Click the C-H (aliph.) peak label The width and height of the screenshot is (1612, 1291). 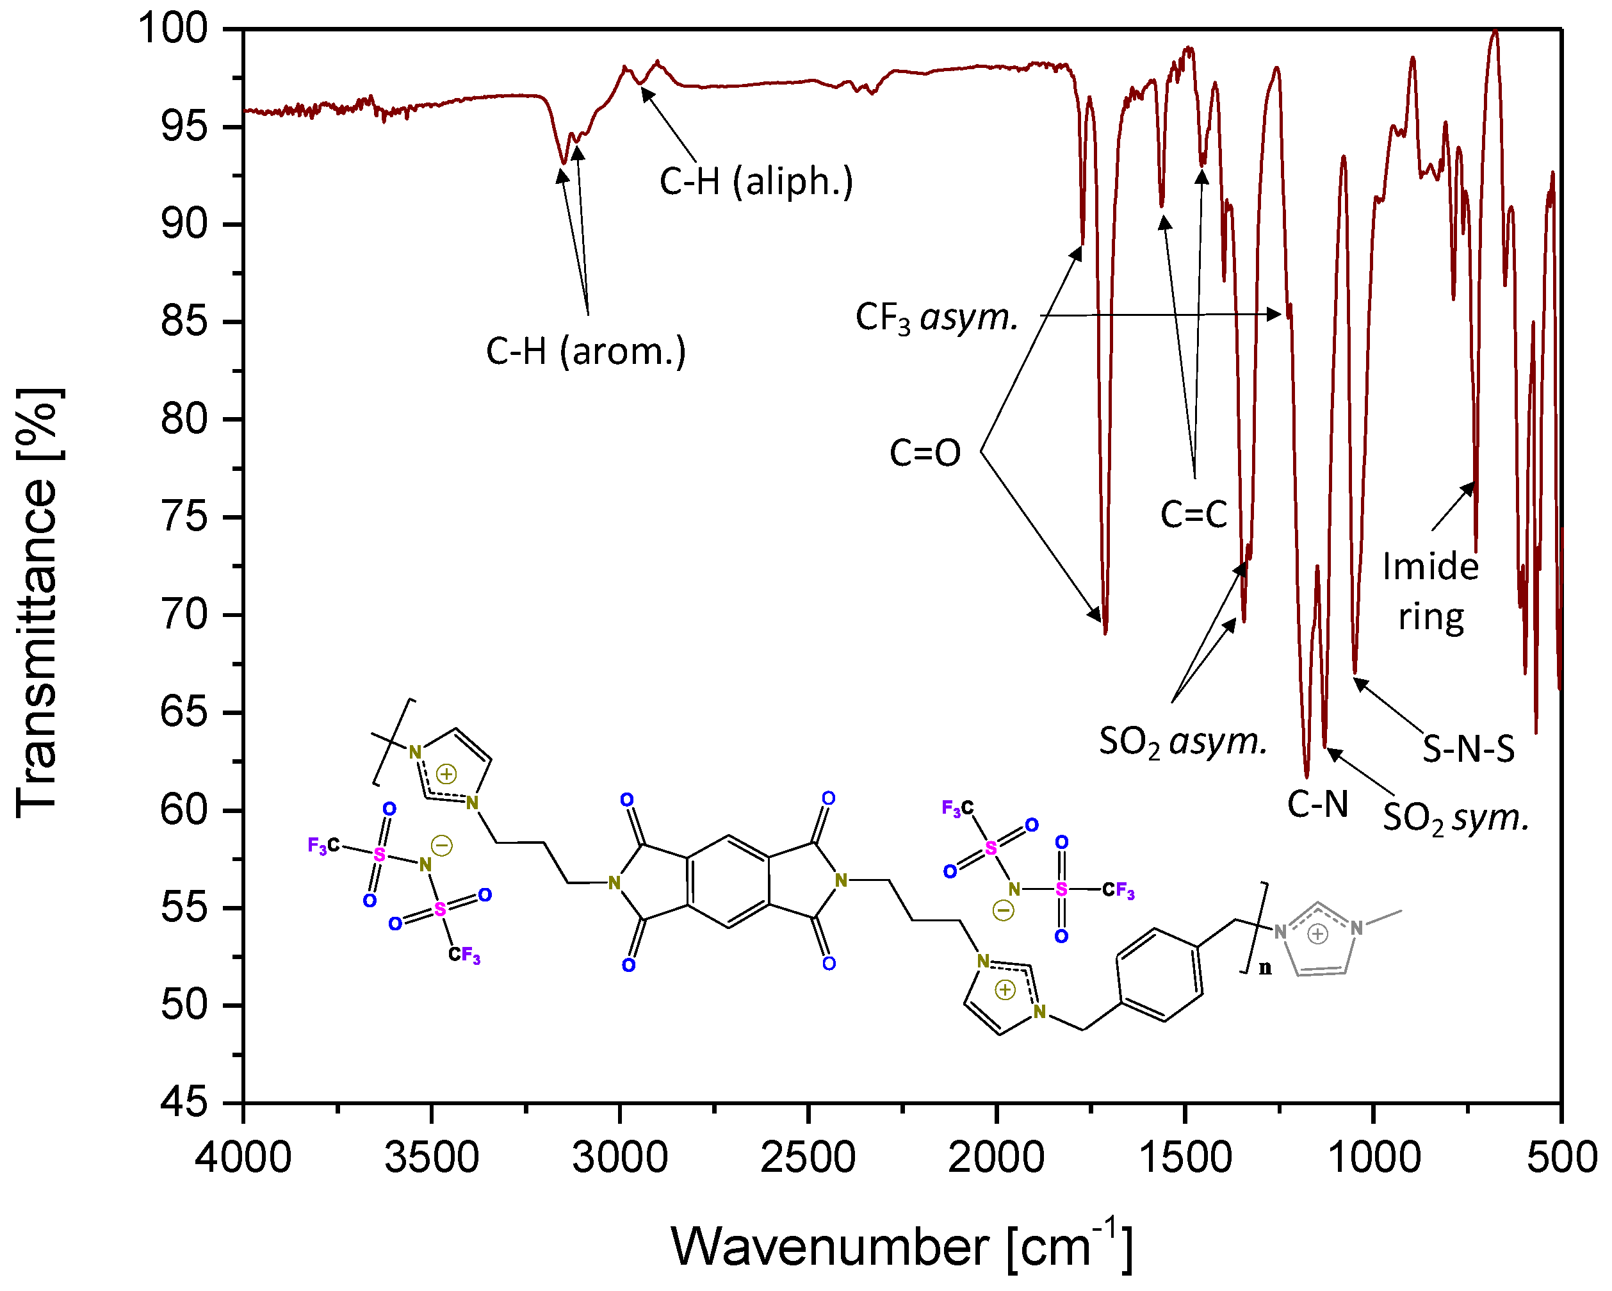click(756, 182)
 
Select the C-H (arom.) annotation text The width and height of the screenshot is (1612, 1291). click(585, 351)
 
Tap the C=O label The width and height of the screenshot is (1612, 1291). click(925, 452)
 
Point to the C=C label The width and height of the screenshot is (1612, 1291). click(1193, 514)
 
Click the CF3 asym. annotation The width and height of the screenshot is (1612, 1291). click(937, 317)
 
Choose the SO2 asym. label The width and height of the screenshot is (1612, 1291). click(1183, 742)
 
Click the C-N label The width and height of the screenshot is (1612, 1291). click(1317, 805)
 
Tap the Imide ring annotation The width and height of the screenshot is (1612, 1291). click(1430, 591)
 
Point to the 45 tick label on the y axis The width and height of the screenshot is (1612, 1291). click(183, 1102)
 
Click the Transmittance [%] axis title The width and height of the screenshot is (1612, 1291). click(37, 603)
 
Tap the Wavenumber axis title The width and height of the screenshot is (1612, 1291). click(902, 1247)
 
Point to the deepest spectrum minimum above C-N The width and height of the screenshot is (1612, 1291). click(1307, 777)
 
